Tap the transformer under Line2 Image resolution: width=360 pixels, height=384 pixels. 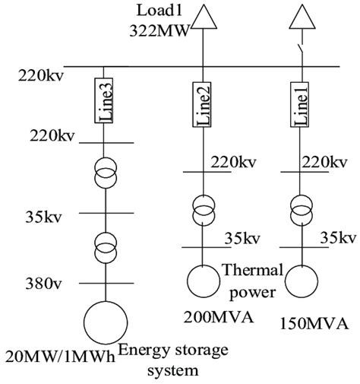tap(201, 211)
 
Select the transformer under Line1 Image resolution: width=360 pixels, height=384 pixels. tap(302, 211)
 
